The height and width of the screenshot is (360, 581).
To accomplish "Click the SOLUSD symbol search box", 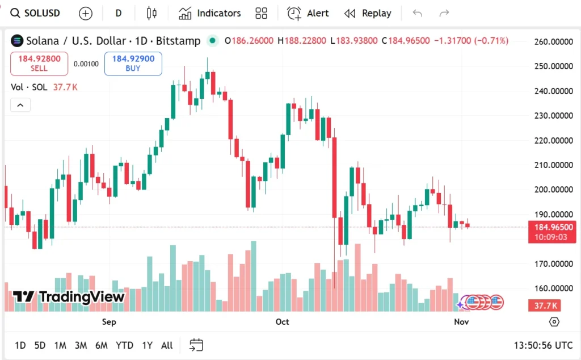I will (x=36, y=13).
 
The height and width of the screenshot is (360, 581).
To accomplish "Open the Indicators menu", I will (x=209, y=13).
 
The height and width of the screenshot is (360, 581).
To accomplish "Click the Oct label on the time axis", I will (x=282, y=322).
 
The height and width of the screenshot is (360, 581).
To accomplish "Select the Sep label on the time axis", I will (x=109, y=322).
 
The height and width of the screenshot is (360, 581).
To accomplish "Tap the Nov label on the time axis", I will (x=461, y=322).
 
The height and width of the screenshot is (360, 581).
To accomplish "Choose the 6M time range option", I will (x=102, y=345).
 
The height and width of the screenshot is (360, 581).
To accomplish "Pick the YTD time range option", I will (x=124, y=345).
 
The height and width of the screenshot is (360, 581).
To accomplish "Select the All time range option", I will (x=167, y=345).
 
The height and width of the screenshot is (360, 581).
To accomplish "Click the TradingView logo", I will (x=68, y=296).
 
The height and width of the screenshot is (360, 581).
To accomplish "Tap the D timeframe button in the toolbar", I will (x=119, y=13).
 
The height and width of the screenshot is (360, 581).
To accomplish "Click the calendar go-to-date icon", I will (x=196, y=345).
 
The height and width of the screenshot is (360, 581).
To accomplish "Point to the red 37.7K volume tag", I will (x=546, y=306).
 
